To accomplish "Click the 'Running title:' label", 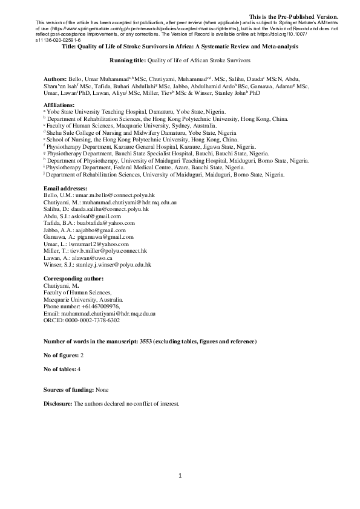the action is click(127, 61).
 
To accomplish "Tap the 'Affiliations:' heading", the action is click(62, 105).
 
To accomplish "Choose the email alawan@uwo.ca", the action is click(92, 258).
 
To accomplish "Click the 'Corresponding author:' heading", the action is click(73, 277).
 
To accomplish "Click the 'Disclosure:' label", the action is click(58, 403).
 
